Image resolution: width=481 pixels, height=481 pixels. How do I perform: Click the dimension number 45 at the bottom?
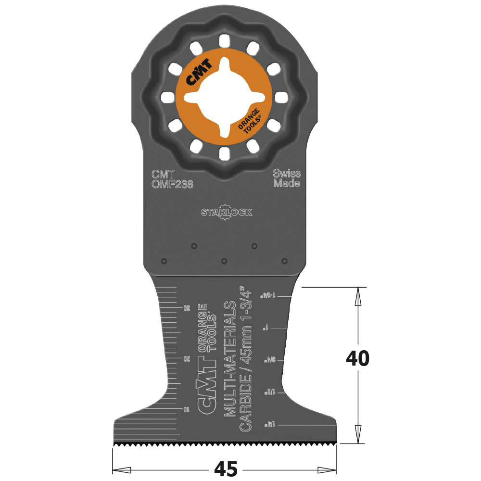225,468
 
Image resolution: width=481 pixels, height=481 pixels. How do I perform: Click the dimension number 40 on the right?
357,359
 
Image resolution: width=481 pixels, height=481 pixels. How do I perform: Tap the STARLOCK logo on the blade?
226,213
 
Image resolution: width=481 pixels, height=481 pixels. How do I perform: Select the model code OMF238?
172,184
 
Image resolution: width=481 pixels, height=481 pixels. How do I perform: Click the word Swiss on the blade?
287,174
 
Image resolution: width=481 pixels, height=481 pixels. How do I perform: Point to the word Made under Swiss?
287,184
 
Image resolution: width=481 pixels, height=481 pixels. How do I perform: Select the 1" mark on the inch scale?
266,328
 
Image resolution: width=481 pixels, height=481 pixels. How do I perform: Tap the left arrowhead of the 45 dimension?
122,469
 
